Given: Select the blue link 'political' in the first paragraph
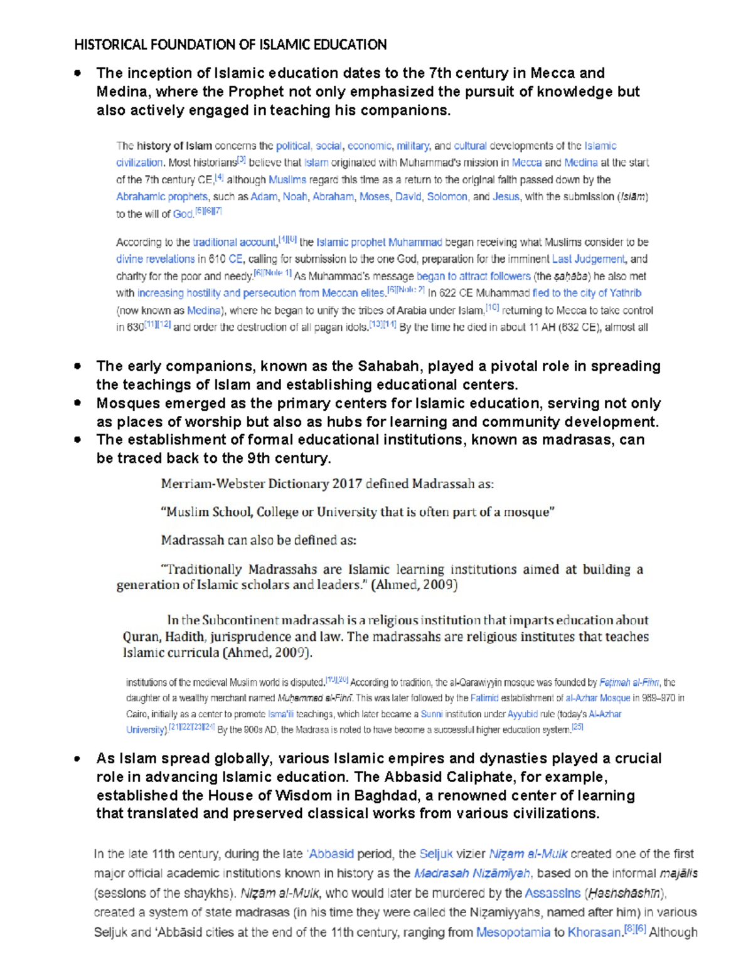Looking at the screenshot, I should (293, 146).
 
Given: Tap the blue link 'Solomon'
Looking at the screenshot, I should (447, 197).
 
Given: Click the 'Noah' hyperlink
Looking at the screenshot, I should (295, 197).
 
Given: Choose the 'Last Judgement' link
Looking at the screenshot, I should (588, 259).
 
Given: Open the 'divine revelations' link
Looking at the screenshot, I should (155, 259).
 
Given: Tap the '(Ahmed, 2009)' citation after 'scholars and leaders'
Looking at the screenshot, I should (415, 585).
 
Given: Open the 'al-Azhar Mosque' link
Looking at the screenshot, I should (597, 698).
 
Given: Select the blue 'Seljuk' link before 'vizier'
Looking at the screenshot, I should (436, 854).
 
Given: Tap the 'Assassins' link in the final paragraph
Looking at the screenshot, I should (553, 893).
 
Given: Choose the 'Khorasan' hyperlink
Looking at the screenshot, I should (594, 933).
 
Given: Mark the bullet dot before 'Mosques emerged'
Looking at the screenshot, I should (77, 403).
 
